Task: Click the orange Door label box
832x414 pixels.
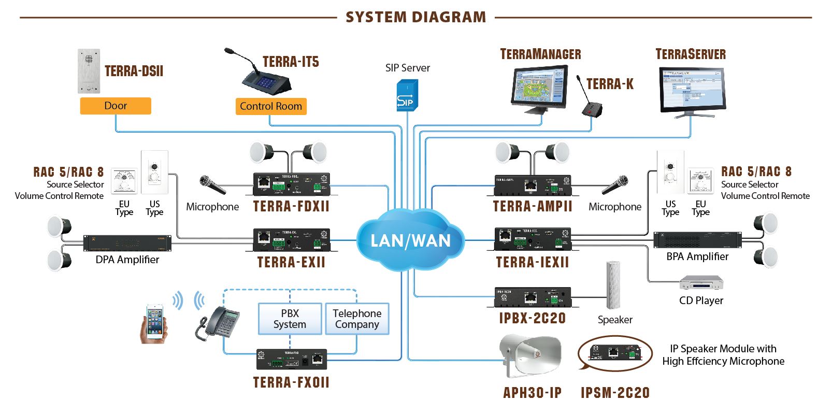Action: coord(116,106)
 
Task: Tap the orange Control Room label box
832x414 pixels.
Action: coord(270,106)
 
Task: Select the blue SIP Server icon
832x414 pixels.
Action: coord(407,95)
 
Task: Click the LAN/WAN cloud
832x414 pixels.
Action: coord(410,240)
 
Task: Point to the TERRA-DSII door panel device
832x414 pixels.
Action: coord(89,71)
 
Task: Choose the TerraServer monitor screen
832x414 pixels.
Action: coord(691,89)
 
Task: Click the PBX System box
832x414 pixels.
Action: coord(290,319)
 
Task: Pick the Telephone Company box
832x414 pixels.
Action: coord(357,319)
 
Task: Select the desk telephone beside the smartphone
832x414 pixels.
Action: coord(218,322)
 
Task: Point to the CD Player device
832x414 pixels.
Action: coord(701,283)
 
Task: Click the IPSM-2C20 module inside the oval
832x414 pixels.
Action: coord(615,353)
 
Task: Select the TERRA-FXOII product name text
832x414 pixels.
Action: coord(291,382)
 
